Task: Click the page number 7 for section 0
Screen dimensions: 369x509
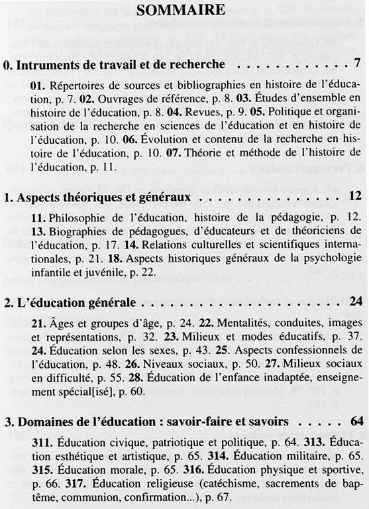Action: pyautogui.click(x=356, y=65)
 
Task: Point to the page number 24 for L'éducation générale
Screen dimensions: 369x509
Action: pyautogui.click(x=352, y=302)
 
